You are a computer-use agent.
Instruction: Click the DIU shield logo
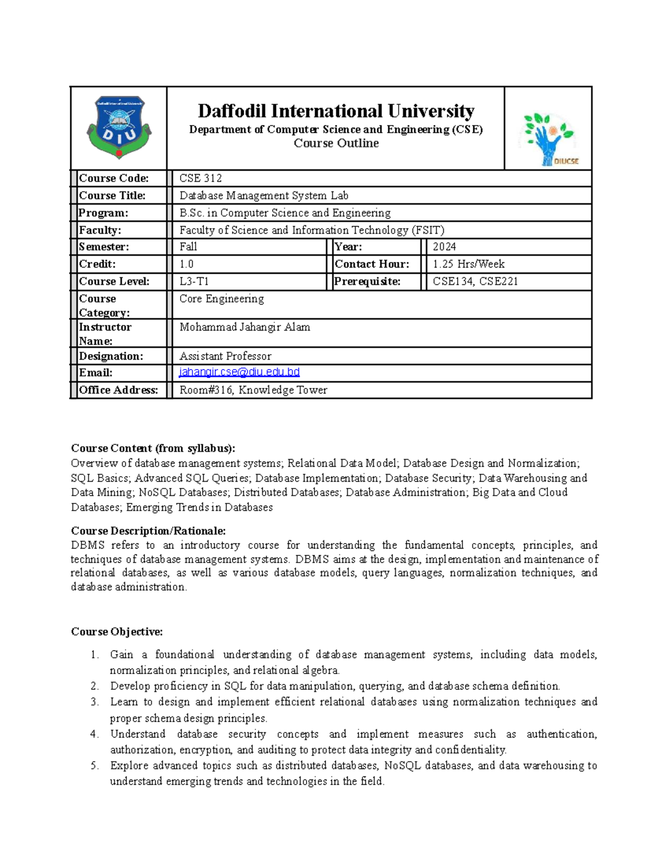coord(119,128)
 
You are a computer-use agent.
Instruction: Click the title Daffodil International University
coord(336,111)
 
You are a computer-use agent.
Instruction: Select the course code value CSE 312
coord(201,178)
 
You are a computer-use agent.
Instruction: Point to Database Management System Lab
coord(264,196)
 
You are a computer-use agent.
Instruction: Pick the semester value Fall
coord(188,246)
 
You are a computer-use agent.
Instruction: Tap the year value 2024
coord(444,246)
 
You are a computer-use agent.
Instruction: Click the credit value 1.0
coord(187,264)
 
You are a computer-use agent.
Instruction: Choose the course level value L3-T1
coord(194,282)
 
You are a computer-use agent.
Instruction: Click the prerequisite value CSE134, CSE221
coord(476,282)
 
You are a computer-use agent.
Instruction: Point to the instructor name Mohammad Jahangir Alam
coord(245,327)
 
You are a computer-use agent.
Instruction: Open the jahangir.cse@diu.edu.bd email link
coord(239,372)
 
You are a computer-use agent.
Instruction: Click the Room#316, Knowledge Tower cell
coord(254,390)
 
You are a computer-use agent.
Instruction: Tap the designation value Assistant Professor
coord(226,356)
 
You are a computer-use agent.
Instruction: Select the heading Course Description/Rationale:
coord(148,531)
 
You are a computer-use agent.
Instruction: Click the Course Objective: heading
coord(117,632)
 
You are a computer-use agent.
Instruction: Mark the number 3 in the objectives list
coord(94,702)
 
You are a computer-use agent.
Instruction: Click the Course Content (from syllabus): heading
coord(153,448)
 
